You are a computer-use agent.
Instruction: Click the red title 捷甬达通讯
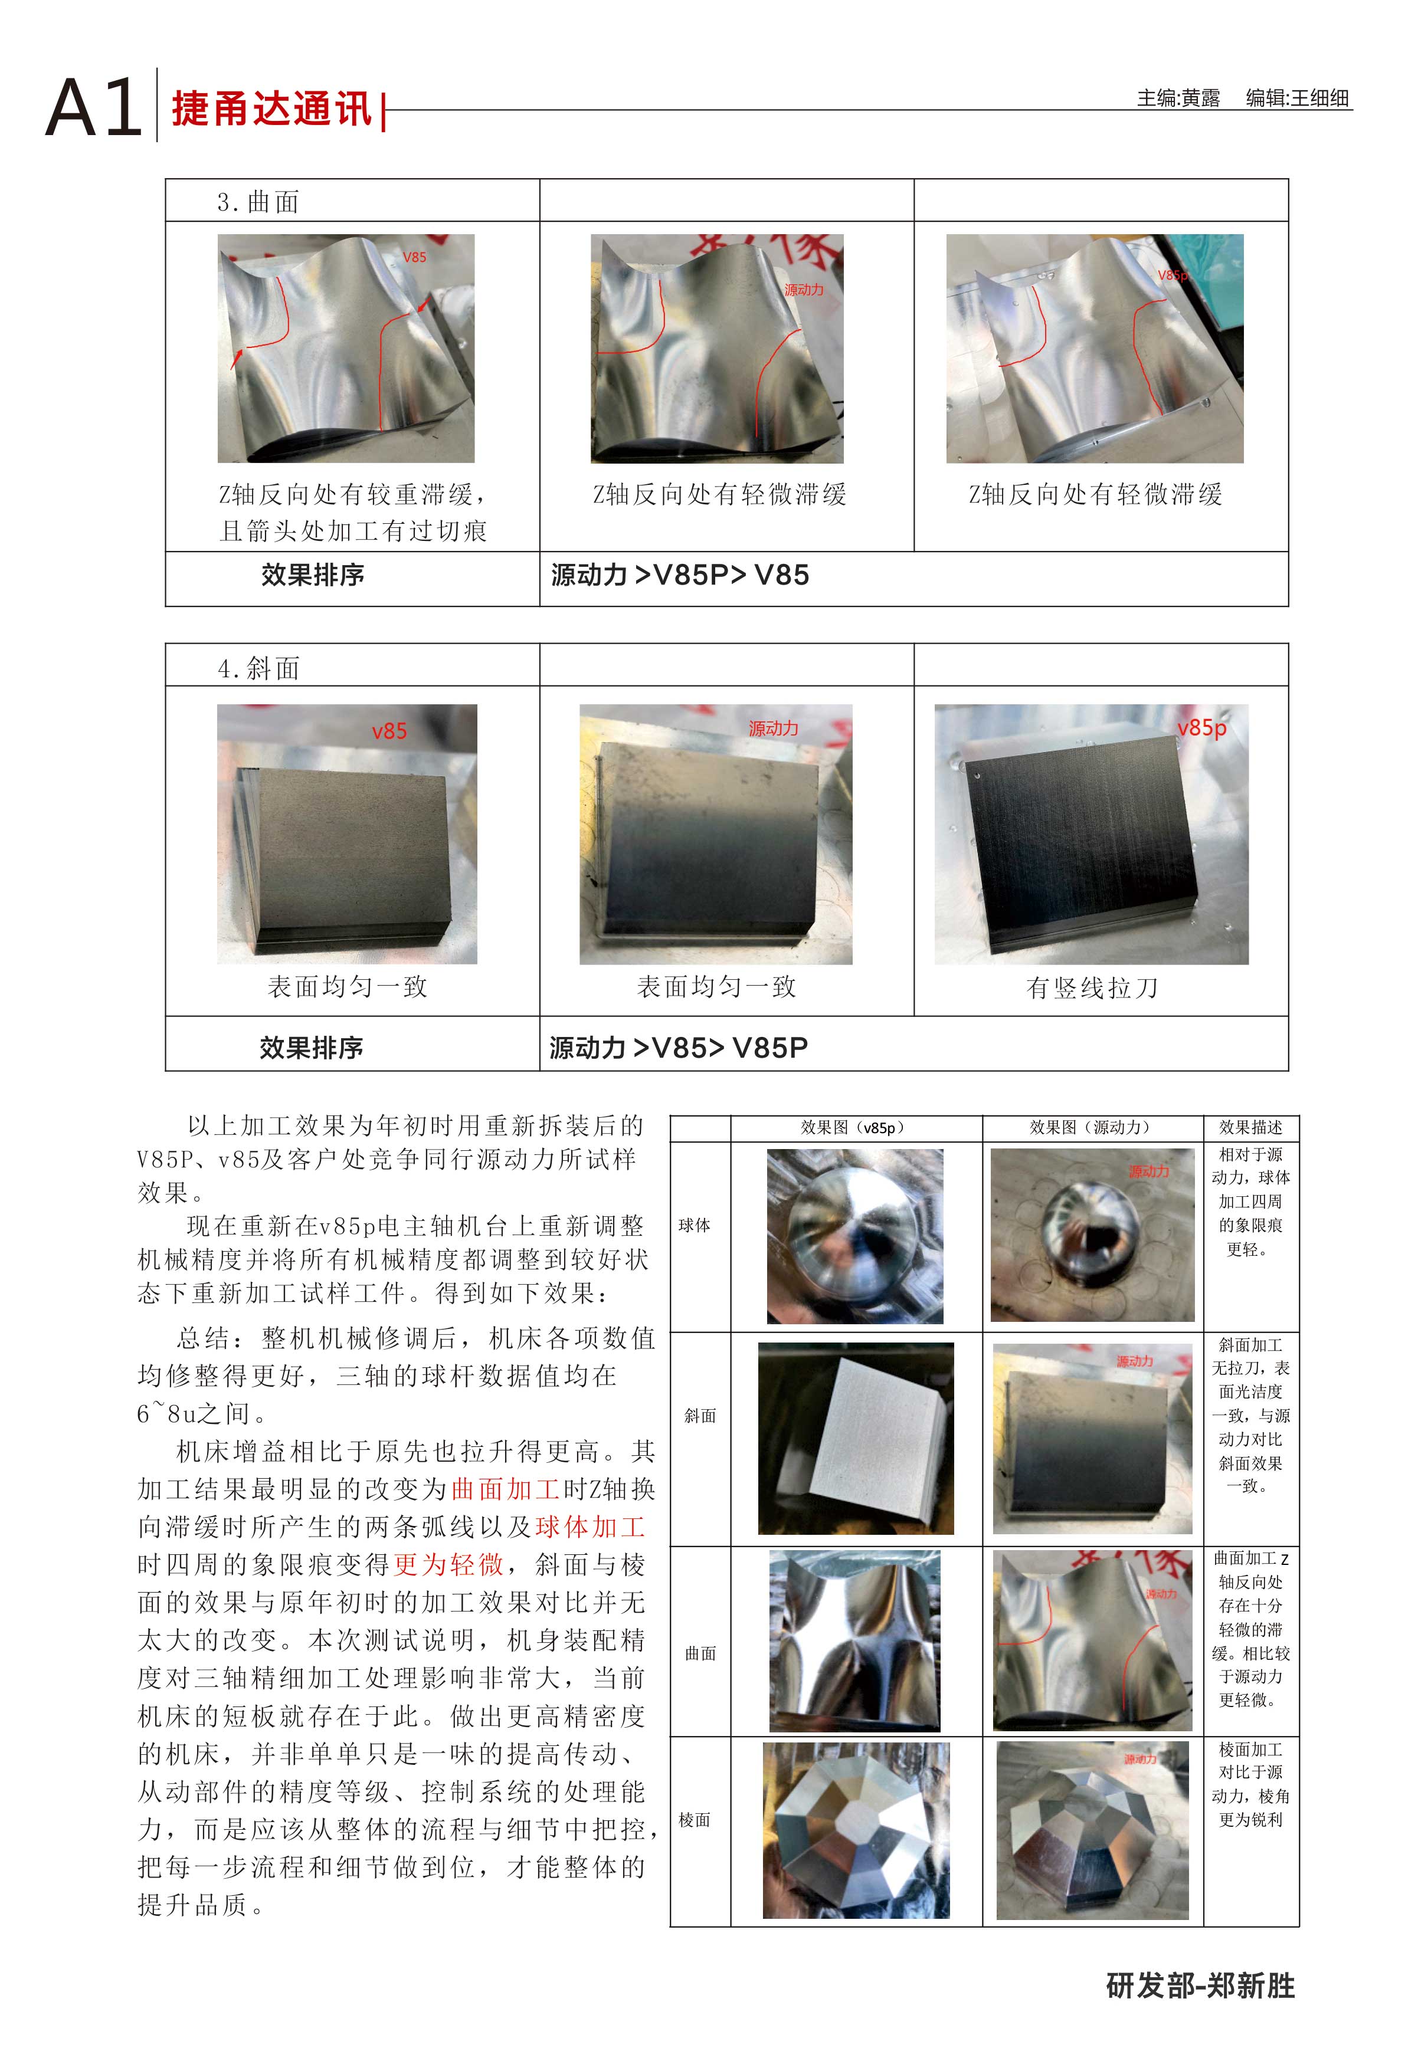(x=272, y=109)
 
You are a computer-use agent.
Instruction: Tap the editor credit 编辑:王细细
(x=1297, y=98)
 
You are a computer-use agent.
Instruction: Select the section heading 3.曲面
(x=258, y=202)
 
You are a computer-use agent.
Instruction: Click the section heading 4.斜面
(x=258, y=667)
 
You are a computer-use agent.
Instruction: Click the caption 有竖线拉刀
(x=1092, y=987)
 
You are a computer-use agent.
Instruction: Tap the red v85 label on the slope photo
(x=389, y=731)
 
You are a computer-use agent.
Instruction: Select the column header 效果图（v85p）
(x=856, y=1127)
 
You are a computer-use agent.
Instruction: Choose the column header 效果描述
(x=1250, y=1127)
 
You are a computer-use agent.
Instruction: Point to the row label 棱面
(x=694, y=1820)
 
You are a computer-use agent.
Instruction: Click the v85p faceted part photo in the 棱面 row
(x=856, y=1830)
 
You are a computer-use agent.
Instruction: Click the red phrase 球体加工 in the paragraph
(x=590, y=1526)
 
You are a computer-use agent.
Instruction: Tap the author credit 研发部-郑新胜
(x=1200, y=1986)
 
